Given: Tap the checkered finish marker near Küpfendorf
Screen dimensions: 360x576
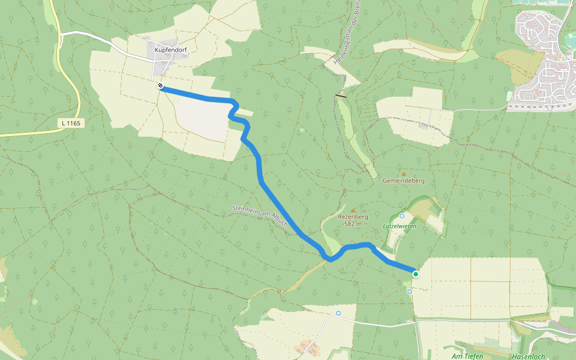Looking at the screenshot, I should pos(161,86).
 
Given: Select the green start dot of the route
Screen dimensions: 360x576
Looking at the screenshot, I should pos(415,274).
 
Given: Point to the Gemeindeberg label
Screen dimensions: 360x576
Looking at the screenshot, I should pos(403,181).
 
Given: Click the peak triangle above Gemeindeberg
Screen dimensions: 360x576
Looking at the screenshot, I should pos(403,174).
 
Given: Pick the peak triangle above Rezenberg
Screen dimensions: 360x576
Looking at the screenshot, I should pos(361,210).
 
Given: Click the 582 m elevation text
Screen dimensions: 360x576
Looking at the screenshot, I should pos(353,224).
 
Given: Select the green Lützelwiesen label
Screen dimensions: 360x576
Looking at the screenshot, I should pos(399,226).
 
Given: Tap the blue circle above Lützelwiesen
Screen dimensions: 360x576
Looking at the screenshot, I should pos(402,216).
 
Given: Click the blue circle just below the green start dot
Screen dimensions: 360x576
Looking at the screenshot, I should pos(410,292).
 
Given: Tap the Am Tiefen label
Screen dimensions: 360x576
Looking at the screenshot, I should pos(467,356).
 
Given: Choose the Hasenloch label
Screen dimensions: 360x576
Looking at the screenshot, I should pos(529,356).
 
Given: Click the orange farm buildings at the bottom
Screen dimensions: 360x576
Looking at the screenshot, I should pos(308,347).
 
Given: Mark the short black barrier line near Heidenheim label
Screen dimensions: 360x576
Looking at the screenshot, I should pos(341,95).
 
